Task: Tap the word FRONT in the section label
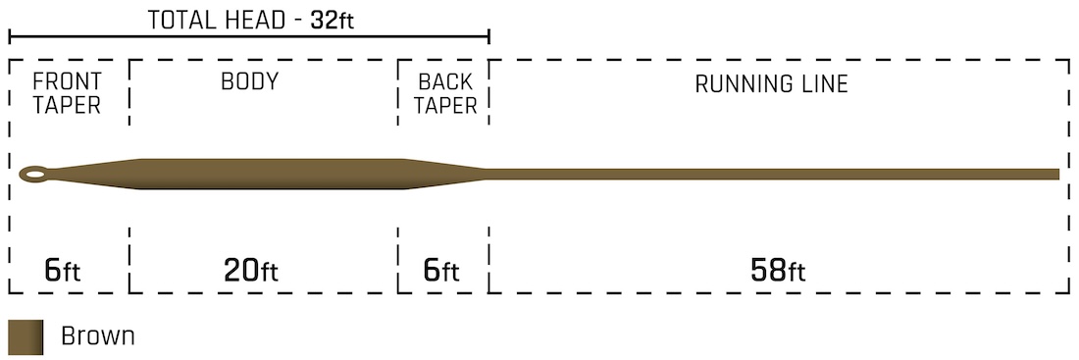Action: [67, 81]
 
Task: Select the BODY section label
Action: [249, 81]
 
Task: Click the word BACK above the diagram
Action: [445, 81]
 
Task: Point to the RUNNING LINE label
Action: [771, 83]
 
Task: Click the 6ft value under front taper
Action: [67, 270]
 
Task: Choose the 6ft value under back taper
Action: [443, 270]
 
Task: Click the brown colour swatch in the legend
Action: [26, 336]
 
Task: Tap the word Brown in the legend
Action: [97, 336]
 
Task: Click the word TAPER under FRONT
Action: [67, 105]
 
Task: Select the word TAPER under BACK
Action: [445, 105]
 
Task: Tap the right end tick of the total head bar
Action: [488, 38]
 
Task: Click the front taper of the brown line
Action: [98, 173]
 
